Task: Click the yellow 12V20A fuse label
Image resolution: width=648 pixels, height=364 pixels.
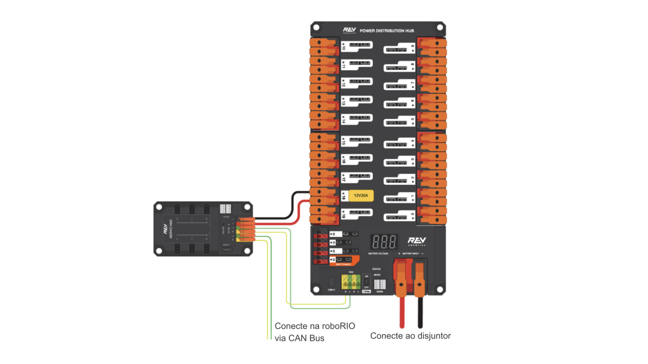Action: click(361, 196)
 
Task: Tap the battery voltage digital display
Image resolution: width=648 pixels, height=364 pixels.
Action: click(384, 242)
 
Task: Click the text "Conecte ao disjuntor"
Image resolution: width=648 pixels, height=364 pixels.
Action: click(410, 336)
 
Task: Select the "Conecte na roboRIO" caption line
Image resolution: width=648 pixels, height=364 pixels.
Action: click(315, 326)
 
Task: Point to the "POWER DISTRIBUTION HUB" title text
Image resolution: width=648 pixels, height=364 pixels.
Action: click(386, 31)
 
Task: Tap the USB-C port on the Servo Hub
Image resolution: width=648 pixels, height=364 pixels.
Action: click(226, 250)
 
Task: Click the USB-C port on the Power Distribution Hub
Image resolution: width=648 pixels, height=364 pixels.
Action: click(331, 282)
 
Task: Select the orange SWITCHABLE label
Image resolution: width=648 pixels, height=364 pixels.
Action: click(344, 264)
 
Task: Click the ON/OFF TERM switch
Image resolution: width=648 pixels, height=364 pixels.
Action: click(366, 282)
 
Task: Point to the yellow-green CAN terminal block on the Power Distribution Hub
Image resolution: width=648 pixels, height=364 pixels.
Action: click(351, 282)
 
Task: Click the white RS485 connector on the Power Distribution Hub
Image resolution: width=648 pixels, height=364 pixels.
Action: click(380, 284)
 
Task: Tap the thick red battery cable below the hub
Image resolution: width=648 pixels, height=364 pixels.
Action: click(402, 312)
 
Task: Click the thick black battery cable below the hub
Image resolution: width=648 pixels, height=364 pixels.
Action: click(420, 312)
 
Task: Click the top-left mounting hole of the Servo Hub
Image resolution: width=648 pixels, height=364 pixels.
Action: click(159, 207)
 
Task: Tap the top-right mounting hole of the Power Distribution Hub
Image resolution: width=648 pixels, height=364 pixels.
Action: click(440, 27)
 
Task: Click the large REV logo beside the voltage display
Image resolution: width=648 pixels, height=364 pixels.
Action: click(417, 241)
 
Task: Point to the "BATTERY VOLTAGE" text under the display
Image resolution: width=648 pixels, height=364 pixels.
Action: click(378, 253)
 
